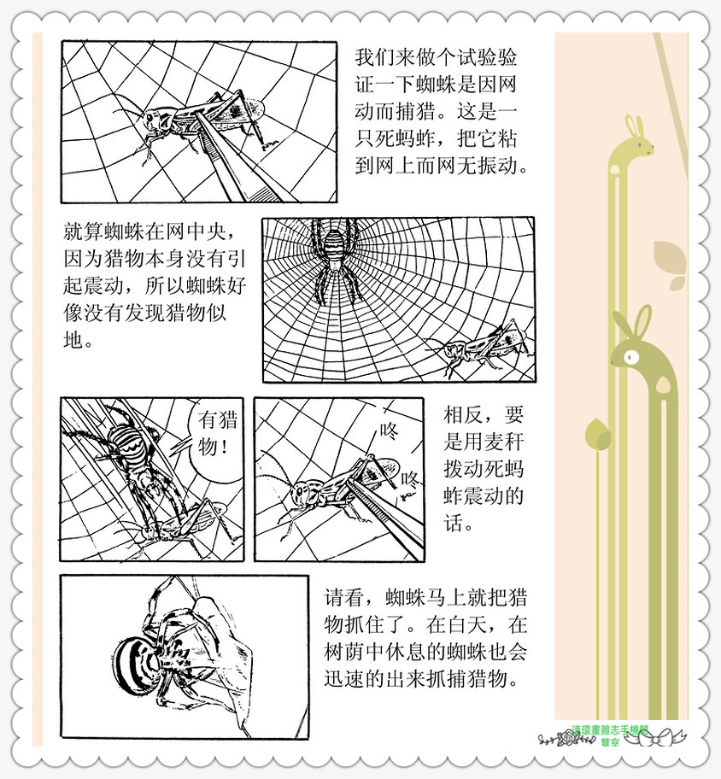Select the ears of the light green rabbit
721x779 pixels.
click(x=633, y=126)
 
